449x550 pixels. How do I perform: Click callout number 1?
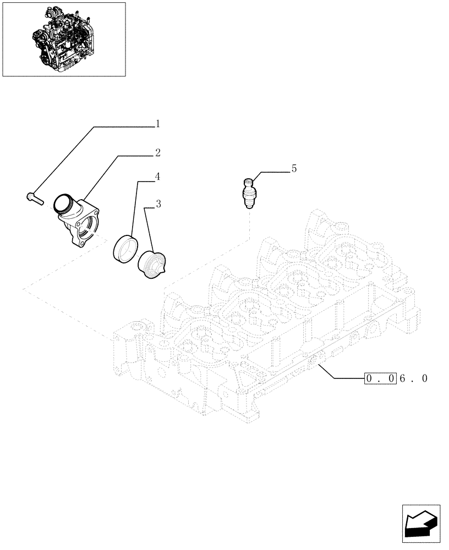point(157,124)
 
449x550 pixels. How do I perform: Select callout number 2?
point(157,152)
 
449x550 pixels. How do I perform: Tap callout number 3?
point(158,205)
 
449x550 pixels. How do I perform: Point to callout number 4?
point(157,177)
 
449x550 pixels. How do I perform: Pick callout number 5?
point(294,169)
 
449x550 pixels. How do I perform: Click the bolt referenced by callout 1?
point(34,197)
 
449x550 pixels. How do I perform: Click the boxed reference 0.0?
point(380,378)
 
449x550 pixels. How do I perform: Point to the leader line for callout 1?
point(88,159)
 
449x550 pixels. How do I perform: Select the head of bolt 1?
point(30,195)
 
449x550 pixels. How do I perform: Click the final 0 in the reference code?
point(424,378)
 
